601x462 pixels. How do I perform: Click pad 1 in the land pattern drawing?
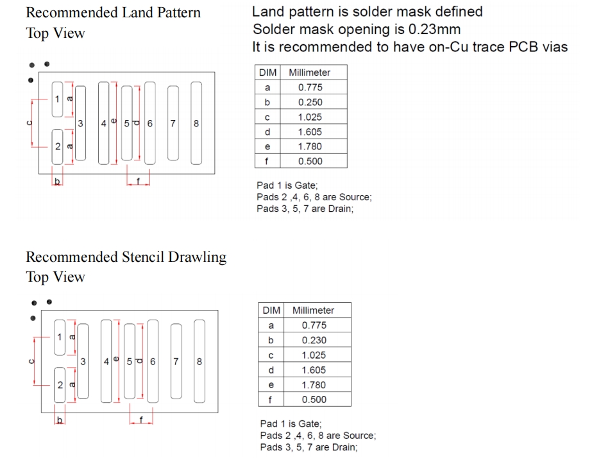pos(57,99)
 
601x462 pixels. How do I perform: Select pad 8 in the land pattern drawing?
pos(196,123)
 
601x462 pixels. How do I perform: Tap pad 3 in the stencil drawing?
pos(83,361)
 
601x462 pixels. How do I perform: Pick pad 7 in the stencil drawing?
pos(176,361)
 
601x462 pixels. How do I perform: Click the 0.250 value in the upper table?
pos(310,103)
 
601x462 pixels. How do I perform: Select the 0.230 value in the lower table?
pos(314,340)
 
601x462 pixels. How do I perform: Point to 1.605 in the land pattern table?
pos(310,132)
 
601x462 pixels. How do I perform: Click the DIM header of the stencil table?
pos(271,310)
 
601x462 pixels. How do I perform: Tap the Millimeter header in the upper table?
pos(309,73)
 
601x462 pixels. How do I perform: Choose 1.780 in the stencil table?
pos(314,384)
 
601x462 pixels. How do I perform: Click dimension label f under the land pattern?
pos(138,180)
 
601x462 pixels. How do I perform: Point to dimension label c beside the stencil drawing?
pos(32,361)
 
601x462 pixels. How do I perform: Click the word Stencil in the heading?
pos(143,257)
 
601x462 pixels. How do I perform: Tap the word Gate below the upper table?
pos(305,185)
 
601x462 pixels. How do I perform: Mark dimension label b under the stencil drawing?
pos(60,420)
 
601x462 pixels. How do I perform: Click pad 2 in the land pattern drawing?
pos(57,147)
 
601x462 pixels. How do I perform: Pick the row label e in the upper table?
pos(267,147)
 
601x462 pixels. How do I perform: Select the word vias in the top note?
pos(555,47)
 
